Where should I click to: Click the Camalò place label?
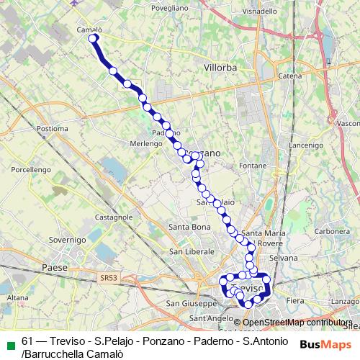point(89,30)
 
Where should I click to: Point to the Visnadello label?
point(258,12)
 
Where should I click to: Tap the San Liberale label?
point(192,251)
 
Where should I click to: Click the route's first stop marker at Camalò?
point(92,39)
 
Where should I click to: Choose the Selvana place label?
point(282,258)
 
